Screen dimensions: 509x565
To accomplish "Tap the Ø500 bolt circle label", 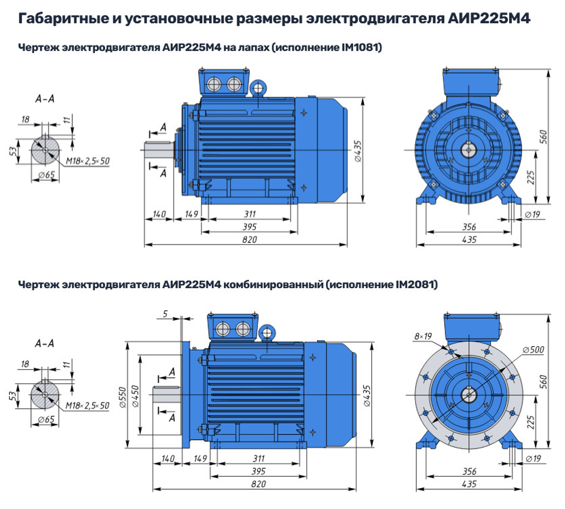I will pos(533,350).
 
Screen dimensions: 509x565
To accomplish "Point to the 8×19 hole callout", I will pos(423,336).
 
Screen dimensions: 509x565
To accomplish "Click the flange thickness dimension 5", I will pos(164,314).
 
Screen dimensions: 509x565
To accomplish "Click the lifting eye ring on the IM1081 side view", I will pos(259,88).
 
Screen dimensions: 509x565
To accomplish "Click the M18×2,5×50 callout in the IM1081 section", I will pos(88,161).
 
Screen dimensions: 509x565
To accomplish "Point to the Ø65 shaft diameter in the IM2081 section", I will pos(45,419).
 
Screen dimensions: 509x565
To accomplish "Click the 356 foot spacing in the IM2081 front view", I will pos(468,471).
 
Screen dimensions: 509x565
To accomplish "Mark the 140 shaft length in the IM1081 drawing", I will pos(159,214).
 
